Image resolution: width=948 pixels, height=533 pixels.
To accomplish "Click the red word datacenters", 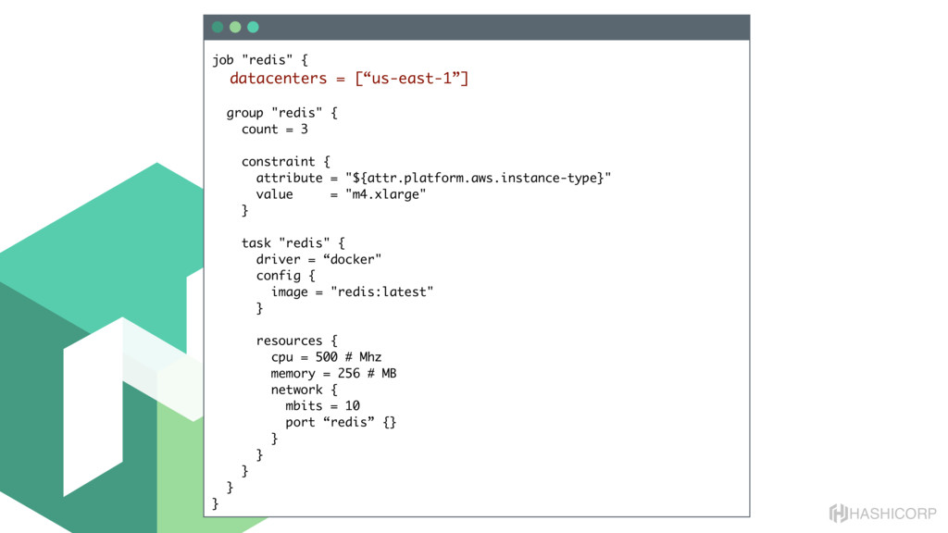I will [x=279, y=79].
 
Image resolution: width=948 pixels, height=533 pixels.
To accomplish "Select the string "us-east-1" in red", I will [x=413, y=79].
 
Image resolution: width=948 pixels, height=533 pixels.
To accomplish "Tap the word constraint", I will [x=278, y=162].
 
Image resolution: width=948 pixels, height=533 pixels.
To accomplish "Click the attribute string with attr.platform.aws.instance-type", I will [x=478, y=178].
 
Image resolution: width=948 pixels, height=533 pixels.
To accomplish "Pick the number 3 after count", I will [x=304, y=130].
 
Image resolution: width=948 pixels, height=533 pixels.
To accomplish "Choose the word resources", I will [x=289, y=341].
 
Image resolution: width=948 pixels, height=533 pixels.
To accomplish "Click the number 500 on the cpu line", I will [x=327, y=357].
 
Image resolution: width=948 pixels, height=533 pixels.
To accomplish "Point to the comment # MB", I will [x=381, y=373].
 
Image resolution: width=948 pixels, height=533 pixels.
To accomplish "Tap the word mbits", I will [x=304, y=405].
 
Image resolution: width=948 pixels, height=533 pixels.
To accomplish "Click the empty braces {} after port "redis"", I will [x=389, y=422].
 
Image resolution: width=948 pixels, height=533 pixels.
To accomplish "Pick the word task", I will [x=256, y=243].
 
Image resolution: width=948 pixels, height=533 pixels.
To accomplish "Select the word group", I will [x=245, y=113].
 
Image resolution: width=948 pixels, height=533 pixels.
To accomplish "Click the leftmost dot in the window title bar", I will [x=218, y=27].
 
